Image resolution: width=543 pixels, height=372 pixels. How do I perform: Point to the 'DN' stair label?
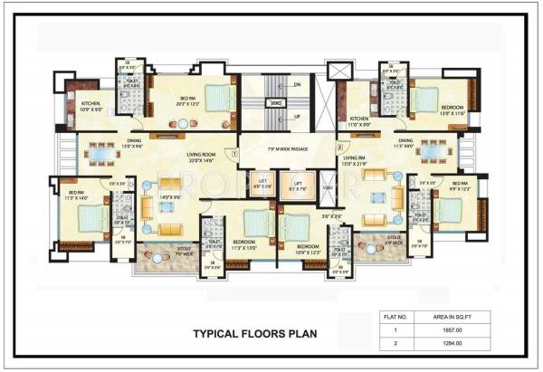pyautogui.click(x=296, y=85)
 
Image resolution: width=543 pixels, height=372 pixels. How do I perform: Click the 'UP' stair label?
pyautogui.click(x=296, y=116)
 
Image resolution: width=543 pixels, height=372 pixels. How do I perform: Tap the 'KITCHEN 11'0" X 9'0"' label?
pyautogui.click(x=360, y=120)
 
